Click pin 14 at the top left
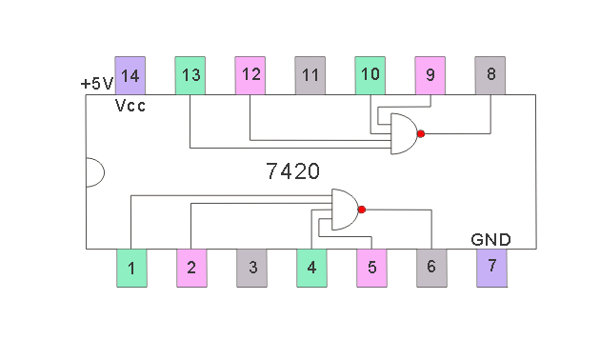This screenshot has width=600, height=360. point(130,75)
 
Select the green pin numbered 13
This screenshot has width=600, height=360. point(190,75)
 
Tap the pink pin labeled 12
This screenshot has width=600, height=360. point(250,75)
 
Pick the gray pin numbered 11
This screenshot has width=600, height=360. point(310,75)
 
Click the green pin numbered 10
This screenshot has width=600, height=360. point(370,75)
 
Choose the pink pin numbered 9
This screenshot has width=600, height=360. point(430,75)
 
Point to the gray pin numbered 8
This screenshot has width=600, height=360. point(490,75)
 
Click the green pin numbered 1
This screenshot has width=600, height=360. point(131,268)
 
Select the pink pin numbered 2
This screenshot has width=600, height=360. point(191,268)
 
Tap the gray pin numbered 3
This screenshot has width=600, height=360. point(251,268)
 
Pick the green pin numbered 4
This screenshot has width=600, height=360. point(311,268)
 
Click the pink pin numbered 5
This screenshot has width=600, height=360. point(371,268)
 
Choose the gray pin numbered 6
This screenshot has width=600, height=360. point(431,268)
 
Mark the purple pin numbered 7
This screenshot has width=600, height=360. point(491,268)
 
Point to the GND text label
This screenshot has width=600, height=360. point(490,239)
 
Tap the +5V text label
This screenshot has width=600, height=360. point(96,84)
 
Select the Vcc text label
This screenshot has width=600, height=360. point(130,106)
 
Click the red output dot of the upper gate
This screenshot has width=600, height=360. point(420,134)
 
